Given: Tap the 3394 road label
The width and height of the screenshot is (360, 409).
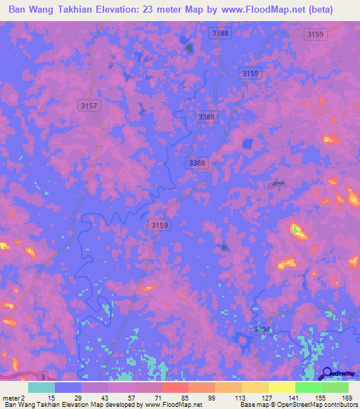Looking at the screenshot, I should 262,329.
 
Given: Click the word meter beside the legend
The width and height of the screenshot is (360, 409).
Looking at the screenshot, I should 11,397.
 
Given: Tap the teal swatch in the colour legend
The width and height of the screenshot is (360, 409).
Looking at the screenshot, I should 41,387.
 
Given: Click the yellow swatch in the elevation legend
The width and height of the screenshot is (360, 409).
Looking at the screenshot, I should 281,387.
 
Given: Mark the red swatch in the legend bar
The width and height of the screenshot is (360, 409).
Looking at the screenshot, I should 174,387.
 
